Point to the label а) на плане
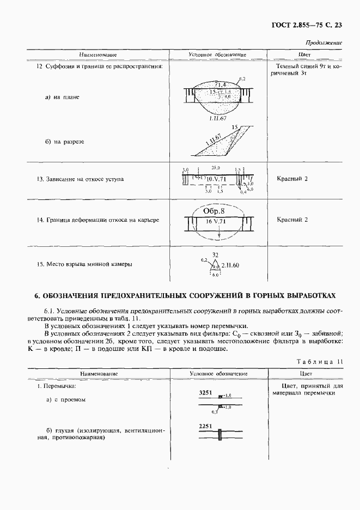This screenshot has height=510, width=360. [62, 97]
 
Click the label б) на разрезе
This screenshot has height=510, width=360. [64, 141]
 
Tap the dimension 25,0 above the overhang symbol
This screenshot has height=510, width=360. [216, 168]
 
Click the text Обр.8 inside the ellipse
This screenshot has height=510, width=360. [214, 211]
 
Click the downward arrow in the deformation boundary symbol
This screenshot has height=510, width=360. [218, 234]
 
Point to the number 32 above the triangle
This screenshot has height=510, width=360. [215, 254]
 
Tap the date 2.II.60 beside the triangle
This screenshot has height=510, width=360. [230, 265]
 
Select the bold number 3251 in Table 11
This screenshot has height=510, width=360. [205, 392]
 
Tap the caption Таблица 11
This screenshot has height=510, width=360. [320, 361]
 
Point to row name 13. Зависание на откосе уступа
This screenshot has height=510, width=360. [80, 179]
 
